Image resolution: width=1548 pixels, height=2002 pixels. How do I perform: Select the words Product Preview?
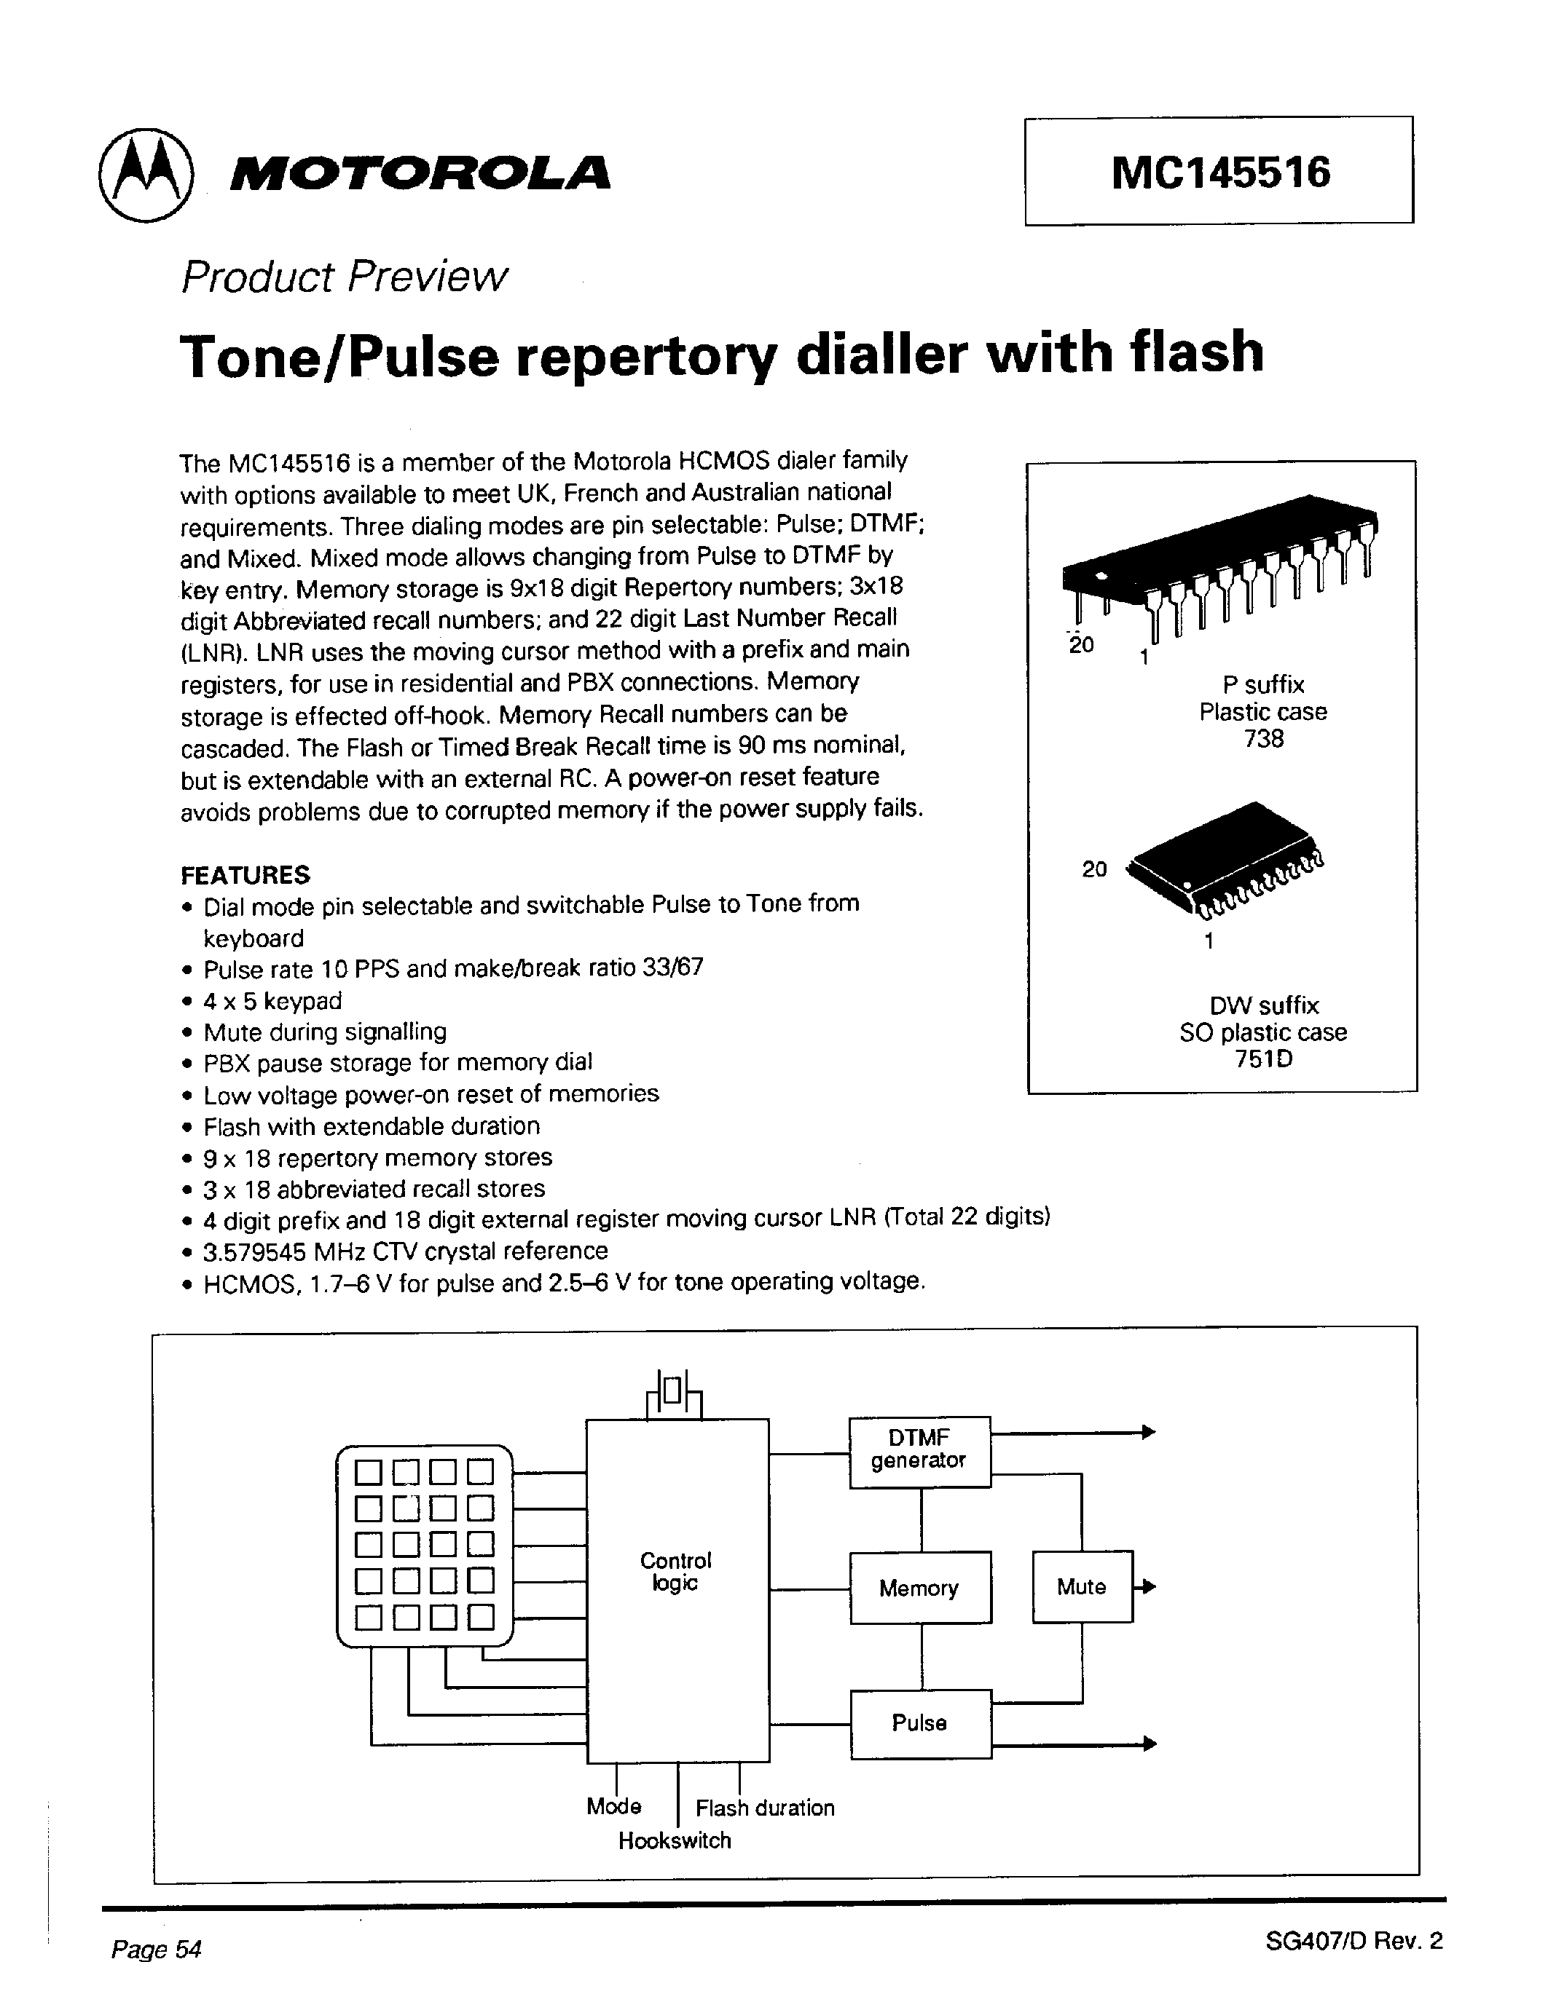(x=344, y=276)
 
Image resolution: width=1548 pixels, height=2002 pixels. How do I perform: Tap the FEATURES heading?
(x=245, y=874)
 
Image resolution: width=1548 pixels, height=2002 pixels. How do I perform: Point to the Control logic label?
(x=676, y=1571)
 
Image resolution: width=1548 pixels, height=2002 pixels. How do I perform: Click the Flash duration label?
(x=765, y=1808)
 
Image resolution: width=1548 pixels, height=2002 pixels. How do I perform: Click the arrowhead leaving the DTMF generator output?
(x=1147, y=1432)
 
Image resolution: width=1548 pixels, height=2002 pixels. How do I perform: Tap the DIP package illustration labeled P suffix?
(x=1219, y=563)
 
